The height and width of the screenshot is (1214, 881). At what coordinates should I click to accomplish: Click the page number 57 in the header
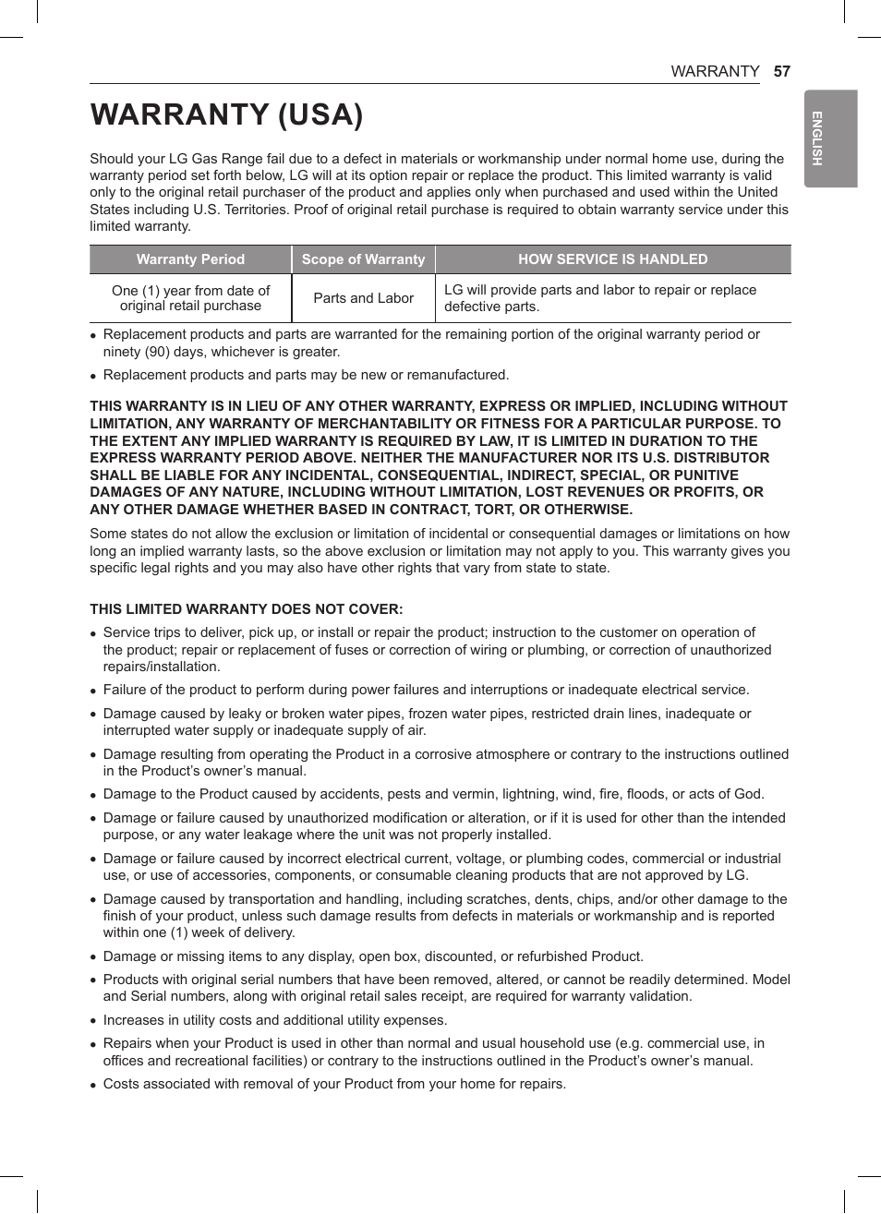coord(781,71)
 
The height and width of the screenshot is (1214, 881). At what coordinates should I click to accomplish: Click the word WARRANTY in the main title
coord(179,114)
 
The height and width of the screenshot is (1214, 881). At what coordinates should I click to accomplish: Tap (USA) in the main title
coord(320,114)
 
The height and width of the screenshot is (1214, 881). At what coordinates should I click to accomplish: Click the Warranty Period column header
coord(190,259)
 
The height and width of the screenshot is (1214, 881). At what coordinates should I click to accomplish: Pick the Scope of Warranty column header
coord(363,259)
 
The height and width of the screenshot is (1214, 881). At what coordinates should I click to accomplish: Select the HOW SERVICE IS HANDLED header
coord(612,259)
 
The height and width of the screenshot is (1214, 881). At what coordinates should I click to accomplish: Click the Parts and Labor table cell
coord(363,298)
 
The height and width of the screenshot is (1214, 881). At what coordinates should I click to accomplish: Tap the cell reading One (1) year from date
coord(190,297)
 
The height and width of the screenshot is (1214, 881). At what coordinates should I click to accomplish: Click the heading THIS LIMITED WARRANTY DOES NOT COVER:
coord(246,609)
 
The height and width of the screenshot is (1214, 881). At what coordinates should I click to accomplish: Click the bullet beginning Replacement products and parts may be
coord(306,375)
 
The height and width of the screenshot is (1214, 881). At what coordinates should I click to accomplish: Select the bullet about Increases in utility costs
coord(275,1020)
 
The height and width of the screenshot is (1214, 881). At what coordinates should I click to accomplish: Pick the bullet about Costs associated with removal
coord(334,1084)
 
